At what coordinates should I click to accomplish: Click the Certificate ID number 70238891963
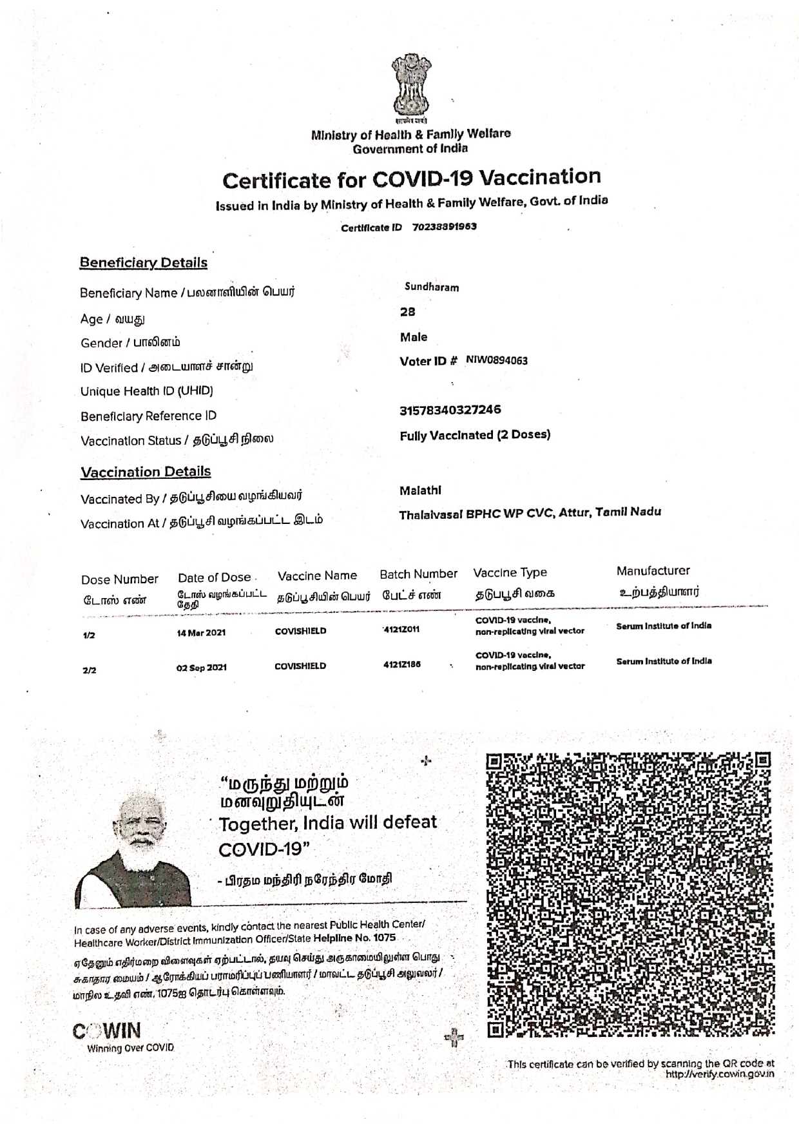444,227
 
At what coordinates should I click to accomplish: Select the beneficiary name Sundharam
432,287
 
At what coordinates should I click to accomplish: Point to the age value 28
408,312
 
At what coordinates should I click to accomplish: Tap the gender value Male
414,337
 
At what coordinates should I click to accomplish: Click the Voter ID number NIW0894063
496,361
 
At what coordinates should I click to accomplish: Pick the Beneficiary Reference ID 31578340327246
450,410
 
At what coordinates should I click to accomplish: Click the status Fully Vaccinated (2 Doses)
475,435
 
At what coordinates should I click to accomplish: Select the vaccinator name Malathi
420,490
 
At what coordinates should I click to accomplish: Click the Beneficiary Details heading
143,263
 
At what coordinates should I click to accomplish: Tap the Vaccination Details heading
146,472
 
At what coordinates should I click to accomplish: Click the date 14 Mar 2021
201,633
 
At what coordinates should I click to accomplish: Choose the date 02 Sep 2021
201,668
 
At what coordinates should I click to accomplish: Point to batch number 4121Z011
401,629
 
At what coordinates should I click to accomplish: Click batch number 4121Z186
401,664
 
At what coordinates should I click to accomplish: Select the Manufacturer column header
653,571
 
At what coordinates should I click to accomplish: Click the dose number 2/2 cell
90,670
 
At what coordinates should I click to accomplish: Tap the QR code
628,894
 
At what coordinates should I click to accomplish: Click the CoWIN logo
107,1032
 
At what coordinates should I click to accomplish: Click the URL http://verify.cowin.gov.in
720,1074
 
